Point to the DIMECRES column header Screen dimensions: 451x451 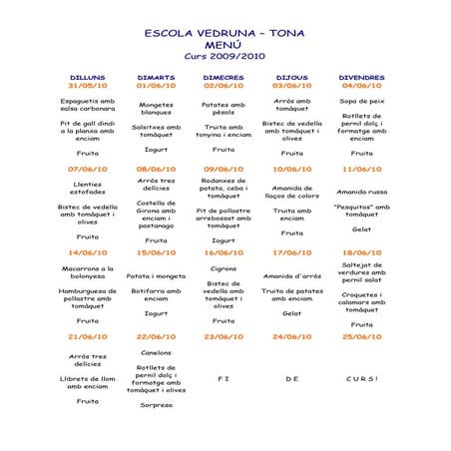click(x=224, y=76)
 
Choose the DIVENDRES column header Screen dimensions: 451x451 click(x=361, y=76)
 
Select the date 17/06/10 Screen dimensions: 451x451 click(x=291, y=253)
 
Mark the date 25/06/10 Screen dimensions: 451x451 click(x=361, y=337)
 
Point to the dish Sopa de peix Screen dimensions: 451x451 click(x=361, y=101)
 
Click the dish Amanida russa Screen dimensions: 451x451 click(x=361, y=192)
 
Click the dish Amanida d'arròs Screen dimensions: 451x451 click(x=291, y=276)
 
